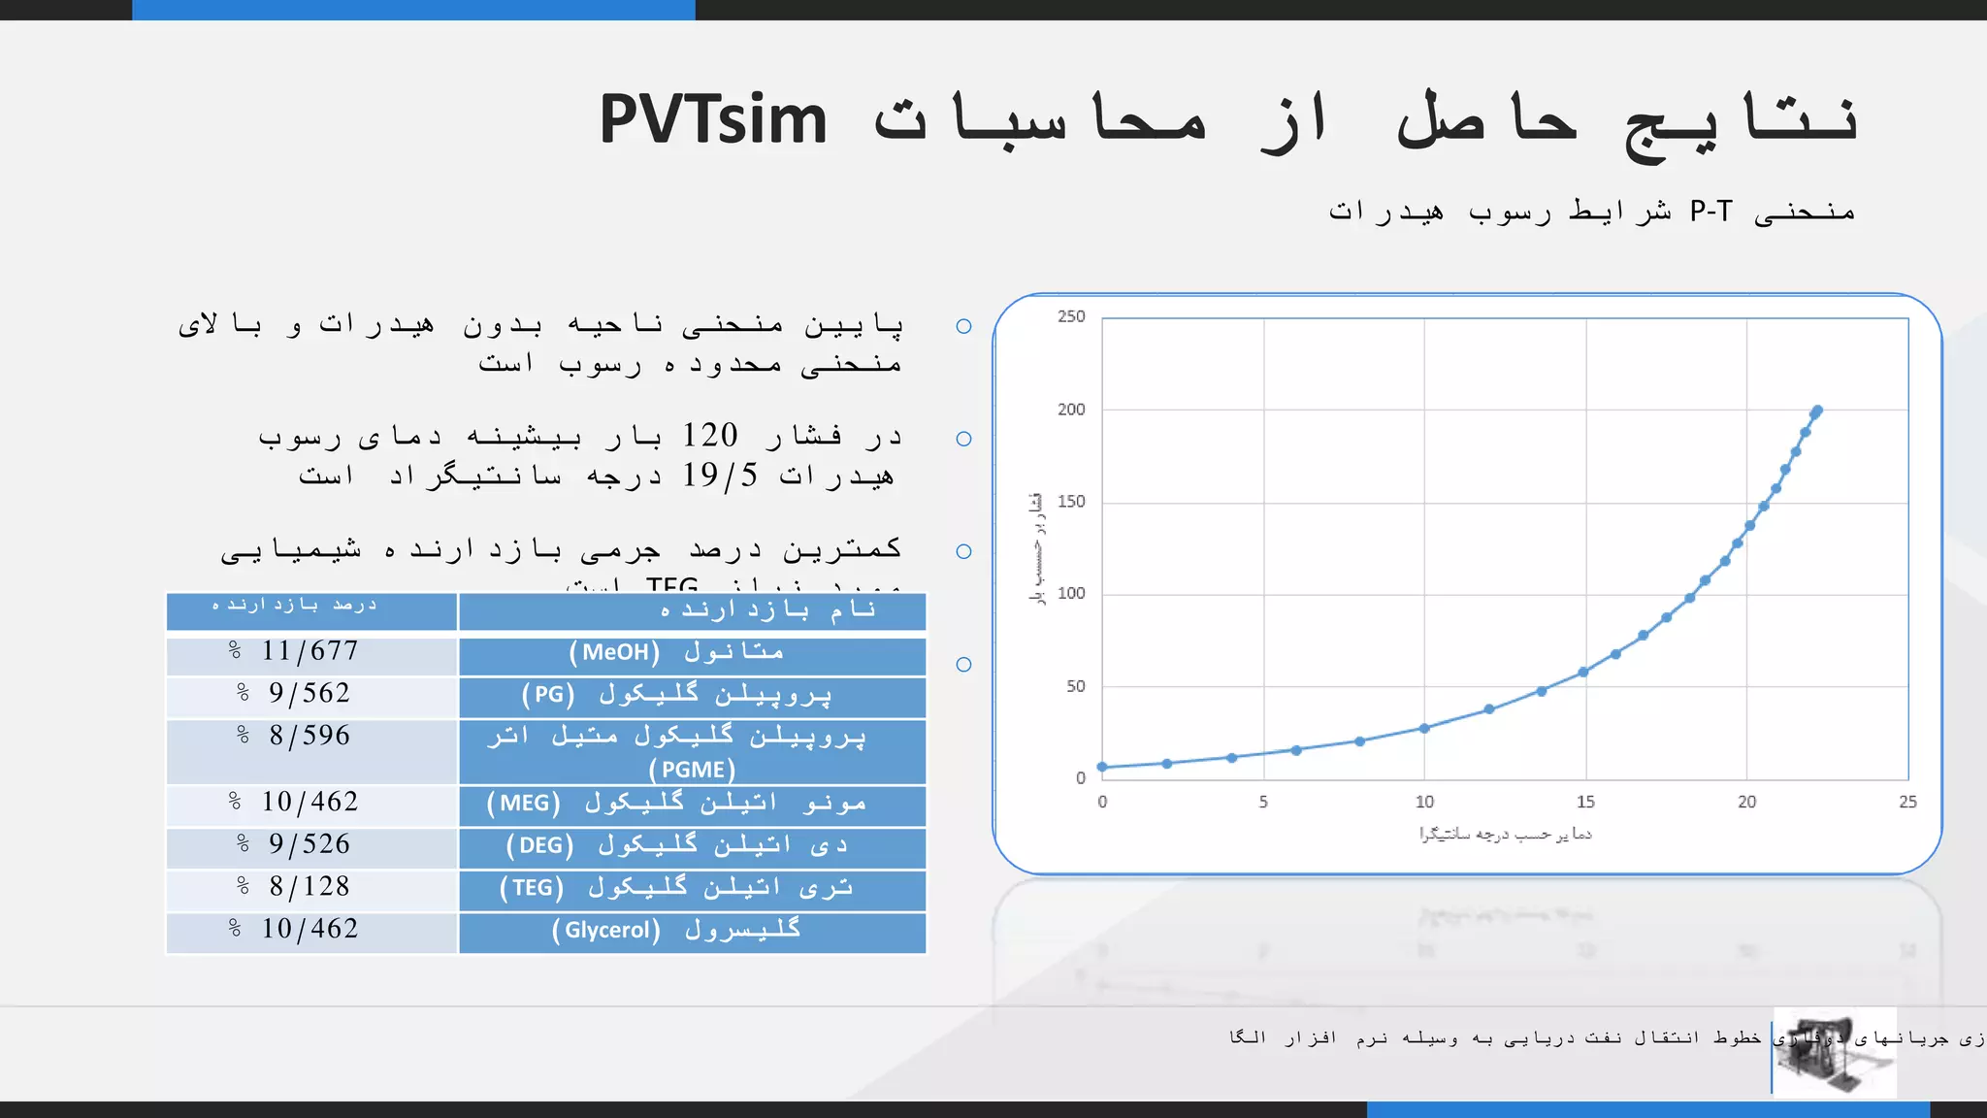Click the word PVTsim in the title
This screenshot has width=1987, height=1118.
713,120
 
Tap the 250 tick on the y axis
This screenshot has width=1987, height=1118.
1071,316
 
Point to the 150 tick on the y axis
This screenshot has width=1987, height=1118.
1071,502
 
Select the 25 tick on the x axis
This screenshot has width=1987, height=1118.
1907,802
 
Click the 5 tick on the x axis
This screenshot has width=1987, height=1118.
1263,802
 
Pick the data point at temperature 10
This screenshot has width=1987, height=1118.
1424,728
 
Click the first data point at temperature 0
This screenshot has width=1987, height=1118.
1102,767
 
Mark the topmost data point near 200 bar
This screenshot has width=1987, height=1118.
1817,411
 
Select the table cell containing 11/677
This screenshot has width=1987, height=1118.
310,651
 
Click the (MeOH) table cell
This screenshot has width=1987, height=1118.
692,652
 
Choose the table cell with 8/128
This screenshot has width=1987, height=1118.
310,887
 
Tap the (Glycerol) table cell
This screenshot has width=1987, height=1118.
692,930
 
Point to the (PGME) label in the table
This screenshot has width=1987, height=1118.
692,770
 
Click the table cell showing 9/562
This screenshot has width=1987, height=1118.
310,694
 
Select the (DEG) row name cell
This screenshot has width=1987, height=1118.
692,845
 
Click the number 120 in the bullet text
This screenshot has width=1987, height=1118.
709,436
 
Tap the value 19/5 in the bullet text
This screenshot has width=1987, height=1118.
719,476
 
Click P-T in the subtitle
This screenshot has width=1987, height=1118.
1710,212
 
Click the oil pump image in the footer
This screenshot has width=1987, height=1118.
1834,1054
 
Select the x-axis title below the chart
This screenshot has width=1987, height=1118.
1505,835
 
